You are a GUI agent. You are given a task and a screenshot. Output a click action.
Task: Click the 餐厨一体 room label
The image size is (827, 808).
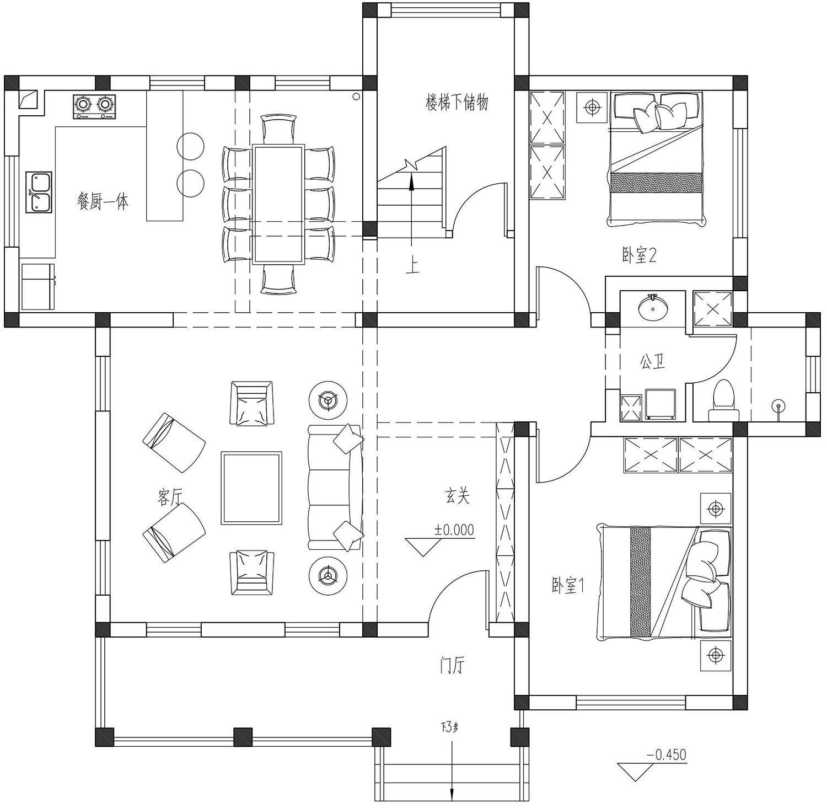point(103,201)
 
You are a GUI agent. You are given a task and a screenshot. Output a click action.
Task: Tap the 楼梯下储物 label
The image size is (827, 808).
point(457,103)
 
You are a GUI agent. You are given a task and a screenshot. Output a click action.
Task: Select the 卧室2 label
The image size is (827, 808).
point(639,255)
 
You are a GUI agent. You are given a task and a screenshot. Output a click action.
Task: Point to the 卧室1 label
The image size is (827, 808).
point(568,585)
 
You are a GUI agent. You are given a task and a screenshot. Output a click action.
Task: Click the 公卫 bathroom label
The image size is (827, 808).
point(652,362)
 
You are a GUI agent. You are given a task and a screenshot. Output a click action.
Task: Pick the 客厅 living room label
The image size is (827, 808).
point(170,498)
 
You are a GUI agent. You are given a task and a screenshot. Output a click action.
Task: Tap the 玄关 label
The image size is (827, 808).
point(458,496)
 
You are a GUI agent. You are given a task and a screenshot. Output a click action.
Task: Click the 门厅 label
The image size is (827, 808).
point(452,666)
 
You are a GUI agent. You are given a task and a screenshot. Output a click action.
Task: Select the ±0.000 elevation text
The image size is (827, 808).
point(454,529)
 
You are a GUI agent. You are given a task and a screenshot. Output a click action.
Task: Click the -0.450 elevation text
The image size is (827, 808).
point(667,754)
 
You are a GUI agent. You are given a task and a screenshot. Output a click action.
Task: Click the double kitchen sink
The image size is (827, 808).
point(39,192)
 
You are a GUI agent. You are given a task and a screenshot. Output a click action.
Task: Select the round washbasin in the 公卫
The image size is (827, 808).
point(653,307)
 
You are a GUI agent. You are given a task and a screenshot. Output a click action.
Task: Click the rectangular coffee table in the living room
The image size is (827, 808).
point(251,488)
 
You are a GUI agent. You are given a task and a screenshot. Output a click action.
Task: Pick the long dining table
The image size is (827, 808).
point(278,205)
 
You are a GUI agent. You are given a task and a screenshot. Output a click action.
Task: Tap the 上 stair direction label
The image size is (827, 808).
point(412,266)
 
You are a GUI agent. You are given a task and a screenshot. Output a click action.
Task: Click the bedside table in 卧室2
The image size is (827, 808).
point(592,107)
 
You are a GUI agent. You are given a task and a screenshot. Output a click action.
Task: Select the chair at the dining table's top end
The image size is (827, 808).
point(278,129)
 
